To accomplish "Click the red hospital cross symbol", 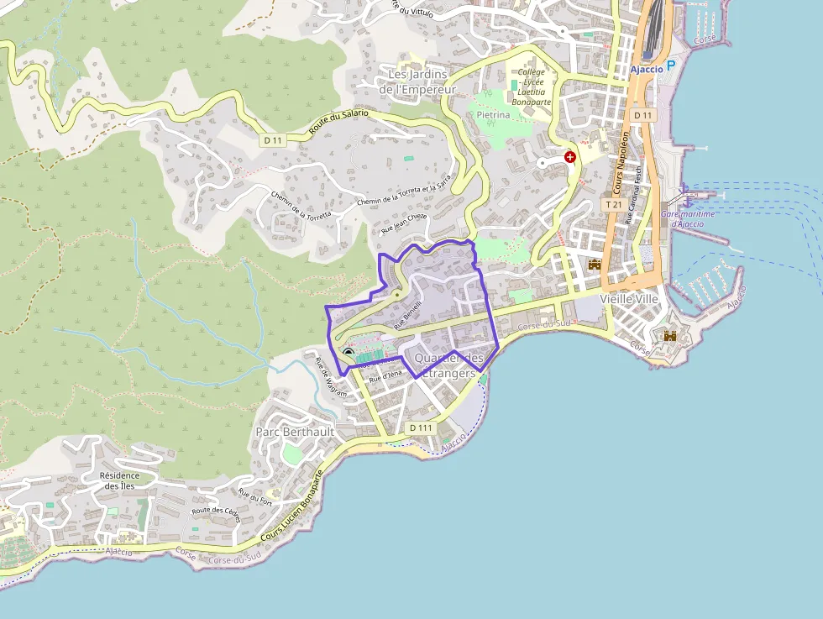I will click(570, 156).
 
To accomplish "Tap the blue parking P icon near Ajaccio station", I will click(671, 68).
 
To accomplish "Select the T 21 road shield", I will click(613, 204).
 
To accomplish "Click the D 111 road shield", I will click(421, 428).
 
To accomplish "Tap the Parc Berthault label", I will click(295, 432).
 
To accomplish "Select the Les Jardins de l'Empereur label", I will click(417, 81).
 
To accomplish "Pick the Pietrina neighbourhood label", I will click(493, 114).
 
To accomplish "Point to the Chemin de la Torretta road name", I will click(301, 204).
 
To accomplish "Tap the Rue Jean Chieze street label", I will click(405, 223).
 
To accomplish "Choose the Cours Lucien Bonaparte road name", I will click(293, 506).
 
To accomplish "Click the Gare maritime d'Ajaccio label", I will click(688, 219).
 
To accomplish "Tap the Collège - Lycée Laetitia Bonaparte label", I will click(533, 87).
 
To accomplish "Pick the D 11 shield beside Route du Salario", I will click(270, 140).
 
